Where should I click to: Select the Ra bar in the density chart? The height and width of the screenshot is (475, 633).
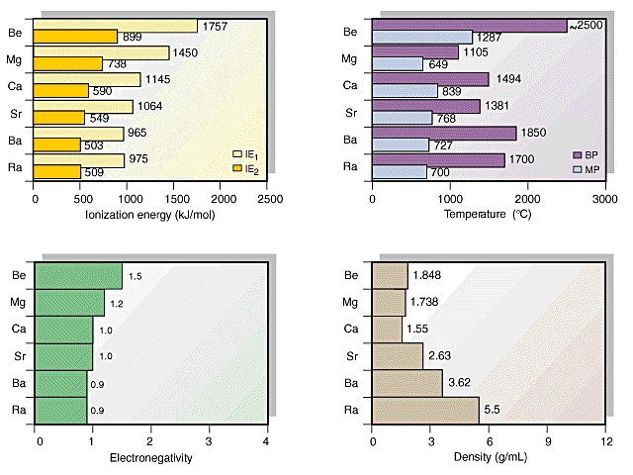tap(425, 410)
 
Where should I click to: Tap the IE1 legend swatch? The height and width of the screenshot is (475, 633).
tap(237, 154)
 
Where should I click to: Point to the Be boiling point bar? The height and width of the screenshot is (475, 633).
tap(469, 26)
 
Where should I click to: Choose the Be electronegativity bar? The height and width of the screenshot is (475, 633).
tap(78, 275)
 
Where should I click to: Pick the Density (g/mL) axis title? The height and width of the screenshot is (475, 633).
tap(490, 458)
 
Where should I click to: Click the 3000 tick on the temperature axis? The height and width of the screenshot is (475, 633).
tap(605, 199)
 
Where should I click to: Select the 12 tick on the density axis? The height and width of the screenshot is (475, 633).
tap(605, 440)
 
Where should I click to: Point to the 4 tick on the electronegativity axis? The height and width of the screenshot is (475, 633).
tap(267, 440)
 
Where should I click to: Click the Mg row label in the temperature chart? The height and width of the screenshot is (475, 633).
tap(349, 58)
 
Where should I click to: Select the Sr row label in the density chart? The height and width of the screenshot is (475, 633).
tap(349, 355)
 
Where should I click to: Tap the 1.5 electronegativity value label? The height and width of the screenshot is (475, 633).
tap(136, 276)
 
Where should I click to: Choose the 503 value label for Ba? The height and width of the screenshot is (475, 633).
tap(97, 145)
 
